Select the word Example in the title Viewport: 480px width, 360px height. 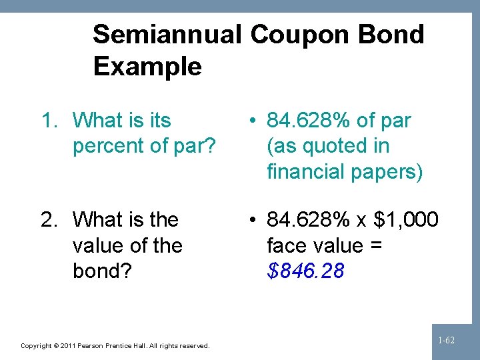pos(147,67)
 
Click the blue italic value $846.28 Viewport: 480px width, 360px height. pos(305,271)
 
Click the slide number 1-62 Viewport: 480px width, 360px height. pos(446,341)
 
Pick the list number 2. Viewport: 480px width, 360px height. pos(49,219)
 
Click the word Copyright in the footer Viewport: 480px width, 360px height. pos(36,346)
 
